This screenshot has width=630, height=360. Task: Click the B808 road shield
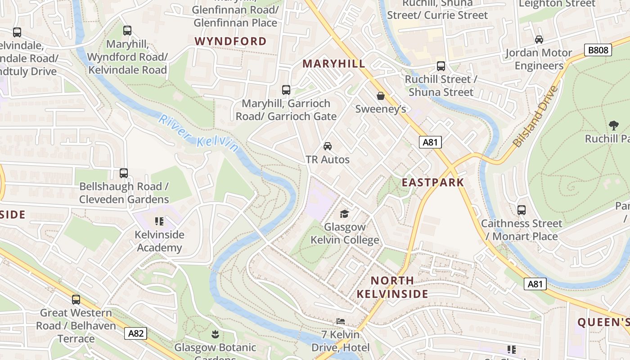(x=598, y=50)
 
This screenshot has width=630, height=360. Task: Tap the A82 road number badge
(x=135, y=333)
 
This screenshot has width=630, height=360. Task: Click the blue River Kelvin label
(x=198, y=133)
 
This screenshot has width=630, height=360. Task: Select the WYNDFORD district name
(x=230, y=41)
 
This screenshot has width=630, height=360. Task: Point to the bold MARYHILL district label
(x=334, y=63)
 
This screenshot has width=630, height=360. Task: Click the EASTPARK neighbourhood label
(x=432, y=182)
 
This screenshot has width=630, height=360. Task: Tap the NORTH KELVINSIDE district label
(x=392, y=287)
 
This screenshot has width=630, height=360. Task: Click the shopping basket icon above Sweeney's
(x=381, y=96)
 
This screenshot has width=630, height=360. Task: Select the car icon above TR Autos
(x=328, y=146)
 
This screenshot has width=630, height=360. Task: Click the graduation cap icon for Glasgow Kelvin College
(x=344, y=214)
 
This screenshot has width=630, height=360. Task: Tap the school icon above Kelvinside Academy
(x=159, y=221)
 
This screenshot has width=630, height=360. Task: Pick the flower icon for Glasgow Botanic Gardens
(x=215, y=334)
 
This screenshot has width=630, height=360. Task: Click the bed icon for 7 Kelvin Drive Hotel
(x=341, y=321)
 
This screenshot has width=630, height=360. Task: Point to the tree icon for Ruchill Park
(x=613, y=125)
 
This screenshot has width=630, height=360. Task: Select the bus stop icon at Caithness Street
(x=521, y=210)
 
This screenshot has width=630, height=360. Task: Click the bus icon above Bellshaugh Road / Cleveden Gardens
(x=123, y=173)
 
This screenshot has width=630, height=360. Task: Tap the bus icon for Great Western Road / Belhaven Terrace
(x=76, y=299)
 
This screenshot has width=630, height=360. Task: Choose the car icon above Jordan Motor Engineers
(x=539, y=40)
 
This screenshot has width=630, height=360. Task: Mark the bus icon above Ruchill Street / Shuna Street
(x=441, y=66)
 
